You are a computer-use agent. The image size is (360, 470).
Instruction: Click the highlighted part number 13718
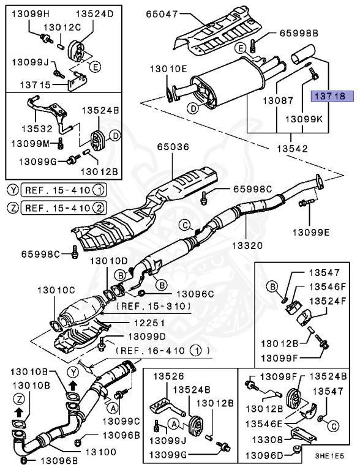(330, 96)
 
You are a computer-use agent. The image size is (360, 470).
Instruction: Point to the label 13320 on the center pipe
(245, 245)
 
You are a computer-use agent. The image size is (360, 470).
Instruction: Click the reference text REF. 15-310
(156, 305)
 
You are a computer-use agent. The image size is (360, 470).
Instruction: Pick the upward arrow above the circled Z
(18, 412)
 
